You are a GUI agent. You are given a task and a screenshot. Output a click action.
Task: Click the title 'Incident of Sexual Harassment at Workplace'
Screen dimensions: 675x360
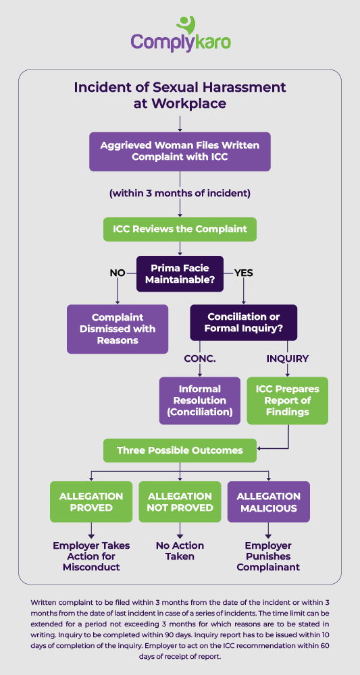click(x=180, y=95)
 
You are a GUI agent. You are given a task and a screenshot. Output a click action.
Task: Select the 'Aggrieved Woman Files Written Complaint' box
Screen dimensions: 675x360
click(x=180, y=152)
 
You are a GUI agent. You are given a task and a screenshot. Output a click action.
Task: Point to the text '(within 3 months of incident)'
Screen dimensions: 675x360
click(x=180, y=193)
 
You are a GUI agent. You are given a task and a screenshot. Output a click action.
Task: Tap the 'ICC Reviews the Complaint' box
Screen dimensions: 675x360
click(x=180, y=229)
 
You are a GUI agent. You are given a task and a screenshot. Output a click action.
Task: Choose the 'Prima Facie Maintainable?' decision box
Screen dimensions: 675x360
click(x=180, y=273)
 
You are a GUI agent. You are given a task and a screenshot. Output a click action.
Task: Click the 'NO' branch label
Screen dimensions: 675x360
click(x=118, y=273)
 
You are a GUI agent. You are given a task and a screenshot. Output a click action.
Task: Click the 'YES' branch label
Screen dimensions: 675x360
click(x=243, y=273)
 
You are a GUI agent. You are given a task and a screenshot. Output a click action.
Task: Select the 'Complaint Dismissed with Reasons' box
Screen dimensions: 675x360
click(x=118, y=329)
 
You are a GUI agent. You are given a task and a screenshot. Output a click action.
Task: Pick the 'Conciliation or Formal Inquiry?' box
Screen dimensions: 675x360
click(x=243, y=323)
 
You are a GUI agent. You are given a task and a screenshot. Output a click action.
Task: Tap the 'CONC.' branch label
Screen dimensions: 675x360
click(x=200, y=358)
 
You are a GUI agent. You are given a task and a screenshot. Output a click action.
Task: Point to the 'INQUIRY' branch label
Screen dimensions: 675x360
click(x=288, y=358)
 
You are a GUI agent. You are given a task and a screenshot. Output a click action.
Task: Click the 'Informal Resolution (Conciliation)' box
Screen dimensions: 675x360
click(x=200, y=400)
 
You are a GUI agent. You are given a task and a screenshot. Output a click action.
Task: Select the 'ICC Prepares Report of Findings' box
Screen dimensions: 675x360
click(x=288, y=400)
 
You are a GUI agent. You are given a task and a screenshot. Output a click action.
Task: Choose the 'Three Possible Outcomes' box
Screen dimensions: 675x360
click(x=180, y=450)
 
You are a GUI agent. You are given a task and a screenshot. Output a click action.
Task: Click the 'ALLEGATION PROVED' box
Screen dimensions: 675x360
click(x=91, y=502)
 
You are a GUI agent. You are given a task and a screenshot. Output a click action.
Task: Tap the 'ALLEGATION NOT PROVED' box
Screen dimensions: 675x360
click(x=180, y=502)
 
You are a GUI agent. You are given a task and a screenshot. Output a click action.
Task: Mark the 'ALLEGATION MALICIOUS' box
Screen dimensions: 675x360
click(x=269, y=502)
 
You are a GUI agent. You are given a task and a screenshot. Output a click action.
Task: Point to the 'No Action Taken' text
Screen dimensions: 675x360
click(x=180, y=551)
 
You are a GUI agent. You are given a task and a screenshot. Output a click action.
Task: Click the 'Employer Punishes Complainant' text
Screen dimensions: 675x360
click(x=269, y=556)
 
